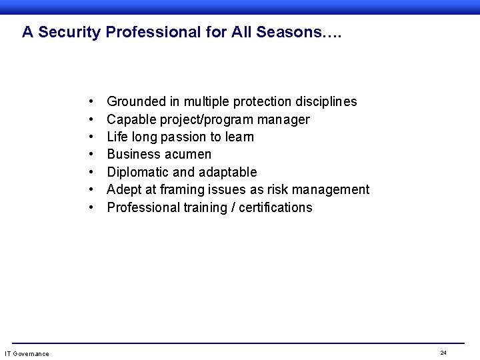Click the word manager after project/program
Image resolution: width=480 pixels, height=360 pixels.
click(285, 120)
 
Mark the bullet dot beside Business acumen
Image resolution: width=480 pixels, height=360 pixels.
click(90, 155)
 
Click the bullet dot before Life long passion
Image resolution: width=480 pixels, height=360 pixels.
click(90, 137)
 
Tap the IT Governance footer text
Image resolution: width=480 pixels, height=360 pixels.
click(27, 353)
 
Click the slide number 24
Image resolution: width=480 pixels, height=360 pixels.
click(443, 352)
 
